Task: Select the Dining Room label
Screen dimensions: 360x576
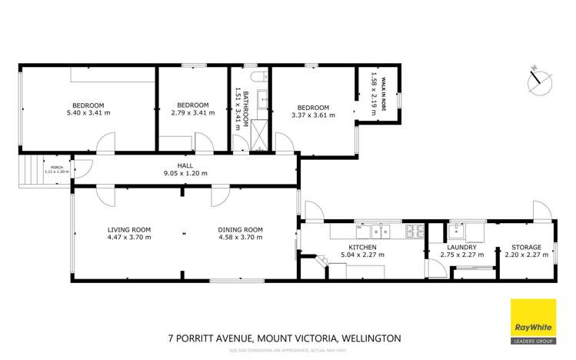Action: (241, 229)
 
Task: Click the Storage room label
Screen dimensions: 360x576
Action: (527, 248)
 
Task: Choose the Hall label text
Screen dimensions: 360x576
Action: (185, 165)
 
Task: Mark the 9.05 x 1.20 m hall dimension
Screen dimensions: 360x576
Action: (185, 173)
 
